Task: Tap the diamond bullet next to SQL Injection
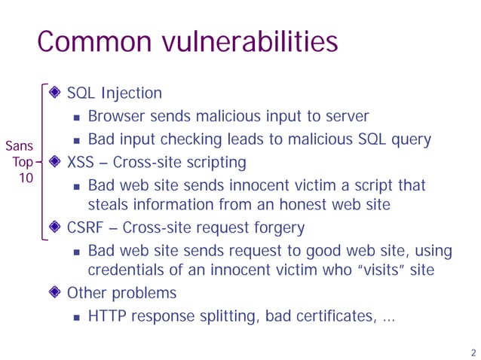[54, 93]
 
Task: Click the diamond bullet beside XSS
[54, 162]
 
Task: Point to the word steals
[107, 204]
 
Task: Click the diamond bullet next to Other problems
[54, 293]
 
